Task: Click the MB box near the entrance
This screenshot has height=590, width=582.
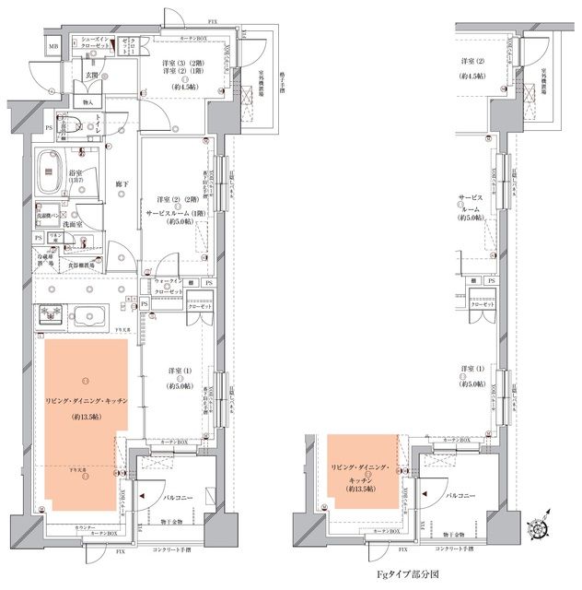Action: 53,46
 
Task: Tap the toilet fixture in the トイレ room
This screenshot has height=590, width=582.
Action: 68,124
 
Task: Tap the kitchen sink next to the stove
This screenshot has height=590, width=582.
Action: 89,312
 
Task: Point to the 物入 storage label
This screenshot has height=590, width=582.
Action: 88,102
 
